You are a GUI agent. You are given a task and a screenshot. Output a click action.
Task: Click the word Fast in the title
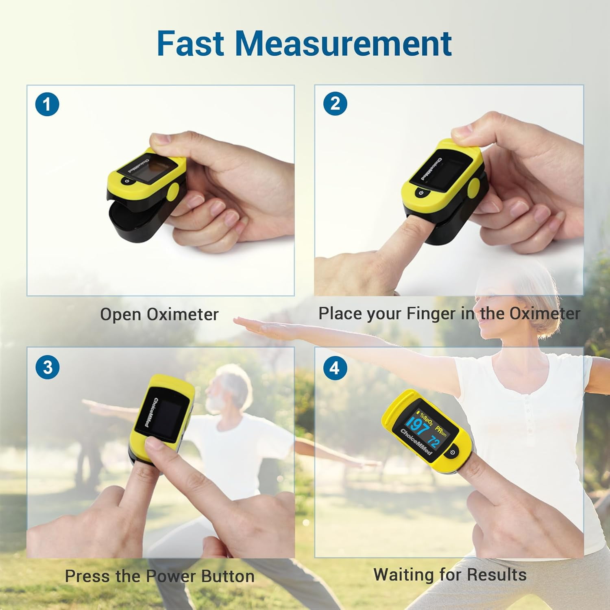click(190, 43)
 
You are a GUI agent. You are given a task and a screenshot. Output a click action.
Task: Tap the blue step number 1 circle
click(47, 105)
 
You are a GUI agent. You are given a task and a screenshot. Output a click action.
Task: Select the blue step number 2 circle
click(335, 104)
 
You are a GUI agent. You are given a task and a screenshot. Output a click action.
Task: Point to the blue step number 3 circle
click(48, 367)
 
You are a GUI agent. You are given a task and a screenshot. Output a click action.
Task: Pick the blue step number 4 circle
click(335, 368)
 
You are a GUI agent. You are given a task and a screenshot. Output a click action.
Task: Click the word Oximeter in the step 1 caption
click(183, 314)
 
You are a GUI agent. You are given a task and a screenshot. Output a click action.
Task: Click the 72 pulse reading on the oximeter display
click(434, 441)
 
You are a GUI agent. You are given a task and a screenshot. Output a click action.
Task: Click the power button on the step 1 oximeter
click(127, 182)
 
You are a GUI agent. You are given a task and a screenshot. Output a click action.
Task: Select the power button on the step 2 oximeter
click(421, 192)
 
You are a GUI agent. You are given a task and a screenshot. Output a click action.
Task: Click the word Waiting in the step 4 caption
click(404, 575)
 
